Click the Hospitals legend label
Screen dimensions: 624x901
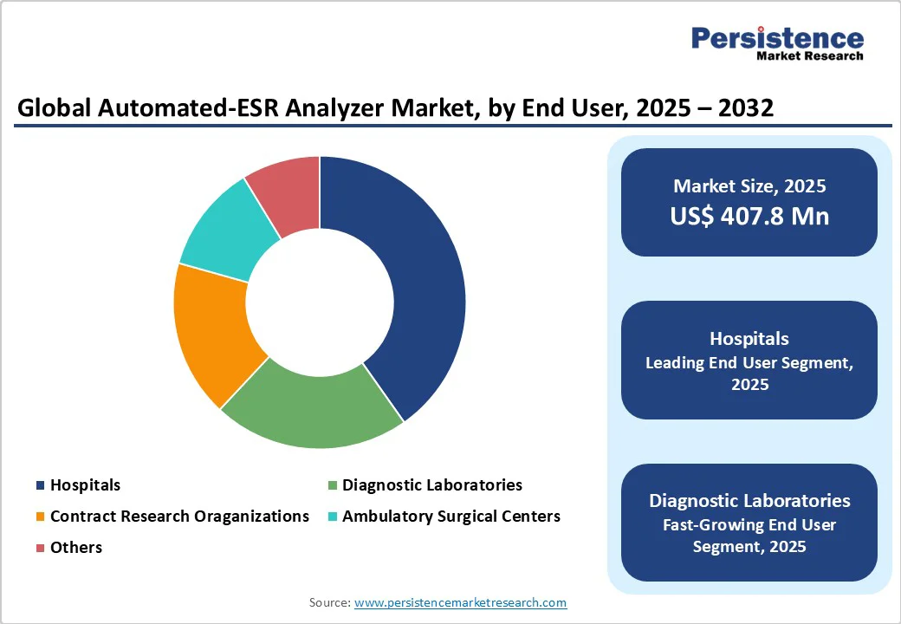pos(85,485)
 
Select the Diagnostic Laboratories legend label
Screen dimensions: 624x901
pos(431,485)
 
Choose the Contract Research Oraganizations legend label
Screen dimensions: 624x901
pos(179,517)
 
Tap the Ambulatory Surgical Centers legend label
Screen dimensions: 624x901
pos(450,517)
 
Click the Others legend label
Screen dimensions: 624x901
pos(76,548)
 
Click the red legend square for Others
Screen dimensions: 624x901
pos(41,548)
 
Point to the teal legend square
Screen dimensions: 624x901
pos(333,517)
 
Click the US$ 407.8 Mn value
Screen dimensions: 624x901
pos(749,216)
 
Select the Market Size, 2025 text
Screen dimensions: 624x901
pos(749,185)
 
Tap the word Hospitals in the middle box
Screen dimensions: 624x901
pos(749,338)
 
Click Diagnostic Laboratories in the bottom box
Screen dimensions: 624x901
pos(749,501)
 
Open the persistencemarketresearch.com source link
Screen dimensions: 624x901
pos(460,602)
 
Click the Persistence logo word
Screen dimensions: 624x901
pos(777,38)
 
